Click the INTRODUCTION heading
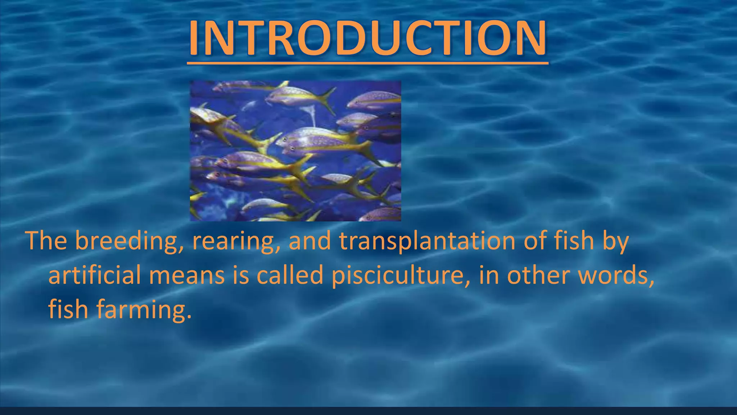pos(368,38)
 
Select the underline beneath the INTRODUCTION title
pos(368,63)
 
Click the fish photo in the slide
pos(295,151)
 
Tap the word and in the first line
pos(310,241)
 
